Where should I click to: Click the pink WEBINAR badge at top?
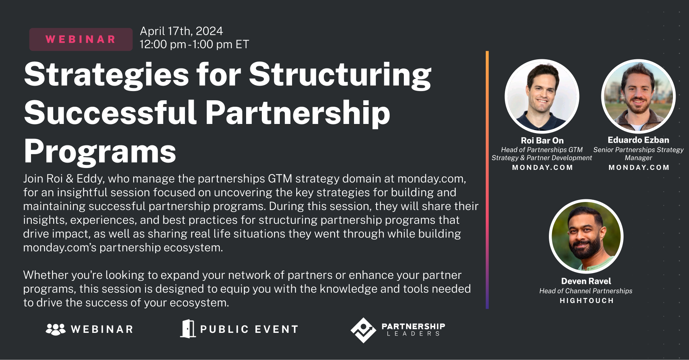[81, 39]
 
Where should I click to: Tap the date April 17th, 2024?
[181, 31]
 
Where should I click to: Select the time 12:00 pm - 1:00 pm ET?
[194, 44]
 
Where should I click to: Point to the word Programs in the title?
[100, 151]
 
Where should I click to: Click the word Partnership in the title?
[297, 113]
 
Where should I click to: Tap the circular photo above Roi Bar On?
[542, 96]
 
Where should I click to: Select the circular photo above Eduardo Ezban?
[638, 96]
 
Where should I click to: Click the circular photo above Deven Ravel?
[586, 236]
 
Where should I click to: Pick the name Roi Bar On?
[542, 140]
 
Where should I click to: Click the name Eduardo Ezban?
[638, 140]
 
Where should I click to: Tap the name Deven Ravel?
[586, 281]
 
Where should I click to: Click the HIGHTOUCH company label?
[586, 301]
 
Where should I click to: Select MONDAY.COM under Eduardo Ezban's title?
[639, 168]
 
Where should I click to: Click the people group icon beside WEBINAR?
[56, 329]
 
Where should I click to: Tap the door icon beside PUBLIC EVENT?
[188, 329]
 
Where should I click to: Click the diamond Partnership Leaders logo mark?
[363, 330]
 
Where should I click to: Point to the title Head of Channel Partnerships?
[586, 291]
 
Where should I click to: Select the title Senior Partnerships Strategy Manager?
[638, 154]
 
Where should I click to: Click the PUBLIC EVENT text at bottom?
[249, 329]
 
